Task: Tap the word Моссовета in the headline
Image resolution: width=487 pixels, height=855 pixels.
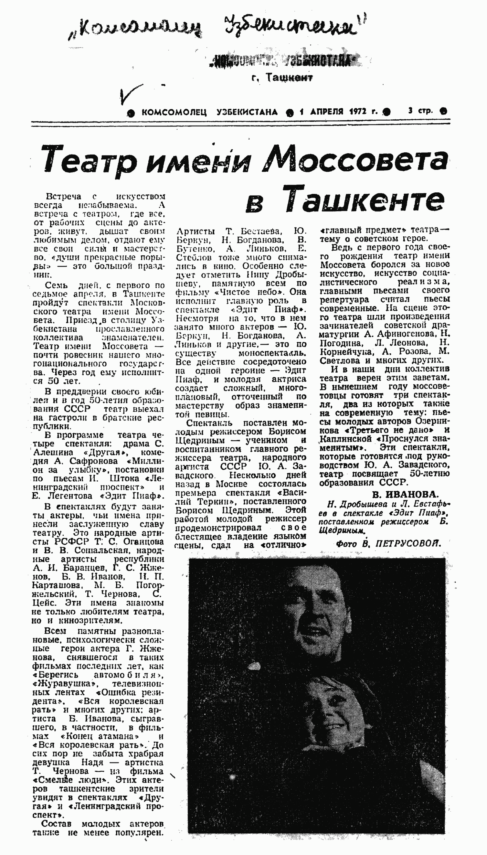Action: (x=354, y=160)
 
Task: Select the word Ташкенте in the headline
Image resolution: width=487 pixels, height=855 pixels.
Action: (x=365, y=200)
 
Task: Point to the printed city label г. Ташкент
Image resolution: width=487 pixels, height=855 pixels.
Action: (x=282, y=78)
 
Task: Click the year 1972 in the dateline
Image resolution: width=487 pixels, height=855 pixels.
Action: (x=359, y=111)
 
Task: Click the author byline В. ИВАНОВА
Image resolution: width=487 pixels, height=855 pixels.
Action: (x=405, y=494)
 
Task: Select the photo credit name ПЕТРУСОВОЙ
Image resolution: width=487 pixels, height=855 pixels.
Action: (x=408, y=544)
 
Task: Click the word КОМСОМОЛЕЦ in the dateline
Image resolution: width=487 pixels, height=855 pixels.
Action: (x=174, y=112)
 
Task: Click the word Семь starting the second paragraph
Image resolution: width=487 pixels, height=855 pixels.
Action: (x=56, y=285)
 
